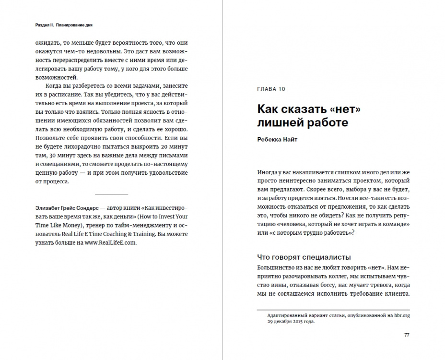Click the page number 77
(x=407, y=335)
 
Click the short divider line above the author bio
(x=112, y=194)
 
